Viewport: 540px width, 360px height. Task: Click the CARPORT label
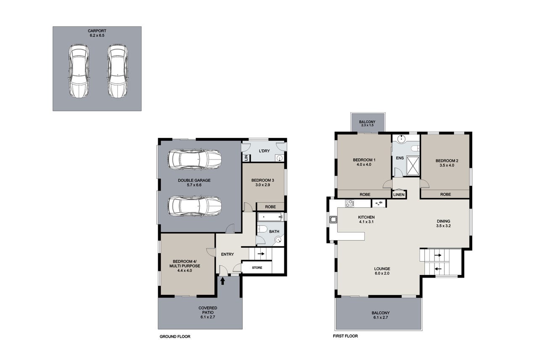click(x=97, y=31)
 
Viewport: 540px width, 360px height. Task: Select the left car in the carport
click(x=79, y=71)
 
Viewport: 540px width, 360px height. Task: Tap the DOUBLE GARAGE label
click(x=194, y=180)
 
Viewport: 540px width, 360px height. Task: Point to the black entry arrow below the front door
click(x=222, y=281)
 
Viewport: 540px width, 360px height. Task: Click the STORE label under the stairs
click(x=257, y=267)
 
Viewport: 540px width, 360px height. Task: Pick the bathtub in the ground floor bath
click(x=270, y=217)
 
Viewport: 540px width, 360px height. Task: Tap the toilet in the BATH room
click(x=262, y=229)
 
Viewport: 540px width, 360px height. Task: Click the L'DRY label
click(x=264, y=151)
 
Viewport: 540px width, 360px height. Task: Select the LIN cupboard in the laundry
click(x=246, y=158)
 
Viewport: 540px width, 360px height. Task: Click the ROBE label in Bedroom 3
click(x=270, y=207)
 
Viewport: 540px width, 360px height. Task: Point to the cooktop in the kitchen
click(x=349, y=204)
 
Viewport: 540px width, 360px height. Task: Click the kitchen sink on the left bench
click(x=333, y=220)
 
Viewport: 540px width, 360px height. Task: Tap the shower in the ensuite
click(x=413, y=165)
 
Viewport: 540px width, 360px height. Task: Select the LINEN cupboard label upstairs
click(x=399, y=195)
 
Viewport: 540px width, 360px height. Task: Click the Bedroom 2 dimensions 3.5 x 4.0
click(x=447, y=165)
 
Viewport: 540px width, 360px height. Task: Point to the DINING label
click(x=444, y=221)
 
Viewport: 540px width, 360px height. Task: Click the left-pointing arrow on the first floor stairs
click(x=438, y=269)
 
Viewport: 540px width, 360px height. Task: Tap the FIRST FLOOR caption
click(x=345, y=336)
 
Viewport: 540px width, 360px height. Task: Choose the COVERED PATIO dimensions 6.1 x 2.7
click(x=208, y=317)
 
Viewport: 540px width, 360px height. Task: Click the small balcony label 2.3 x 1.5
click(x=367, y=125)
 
